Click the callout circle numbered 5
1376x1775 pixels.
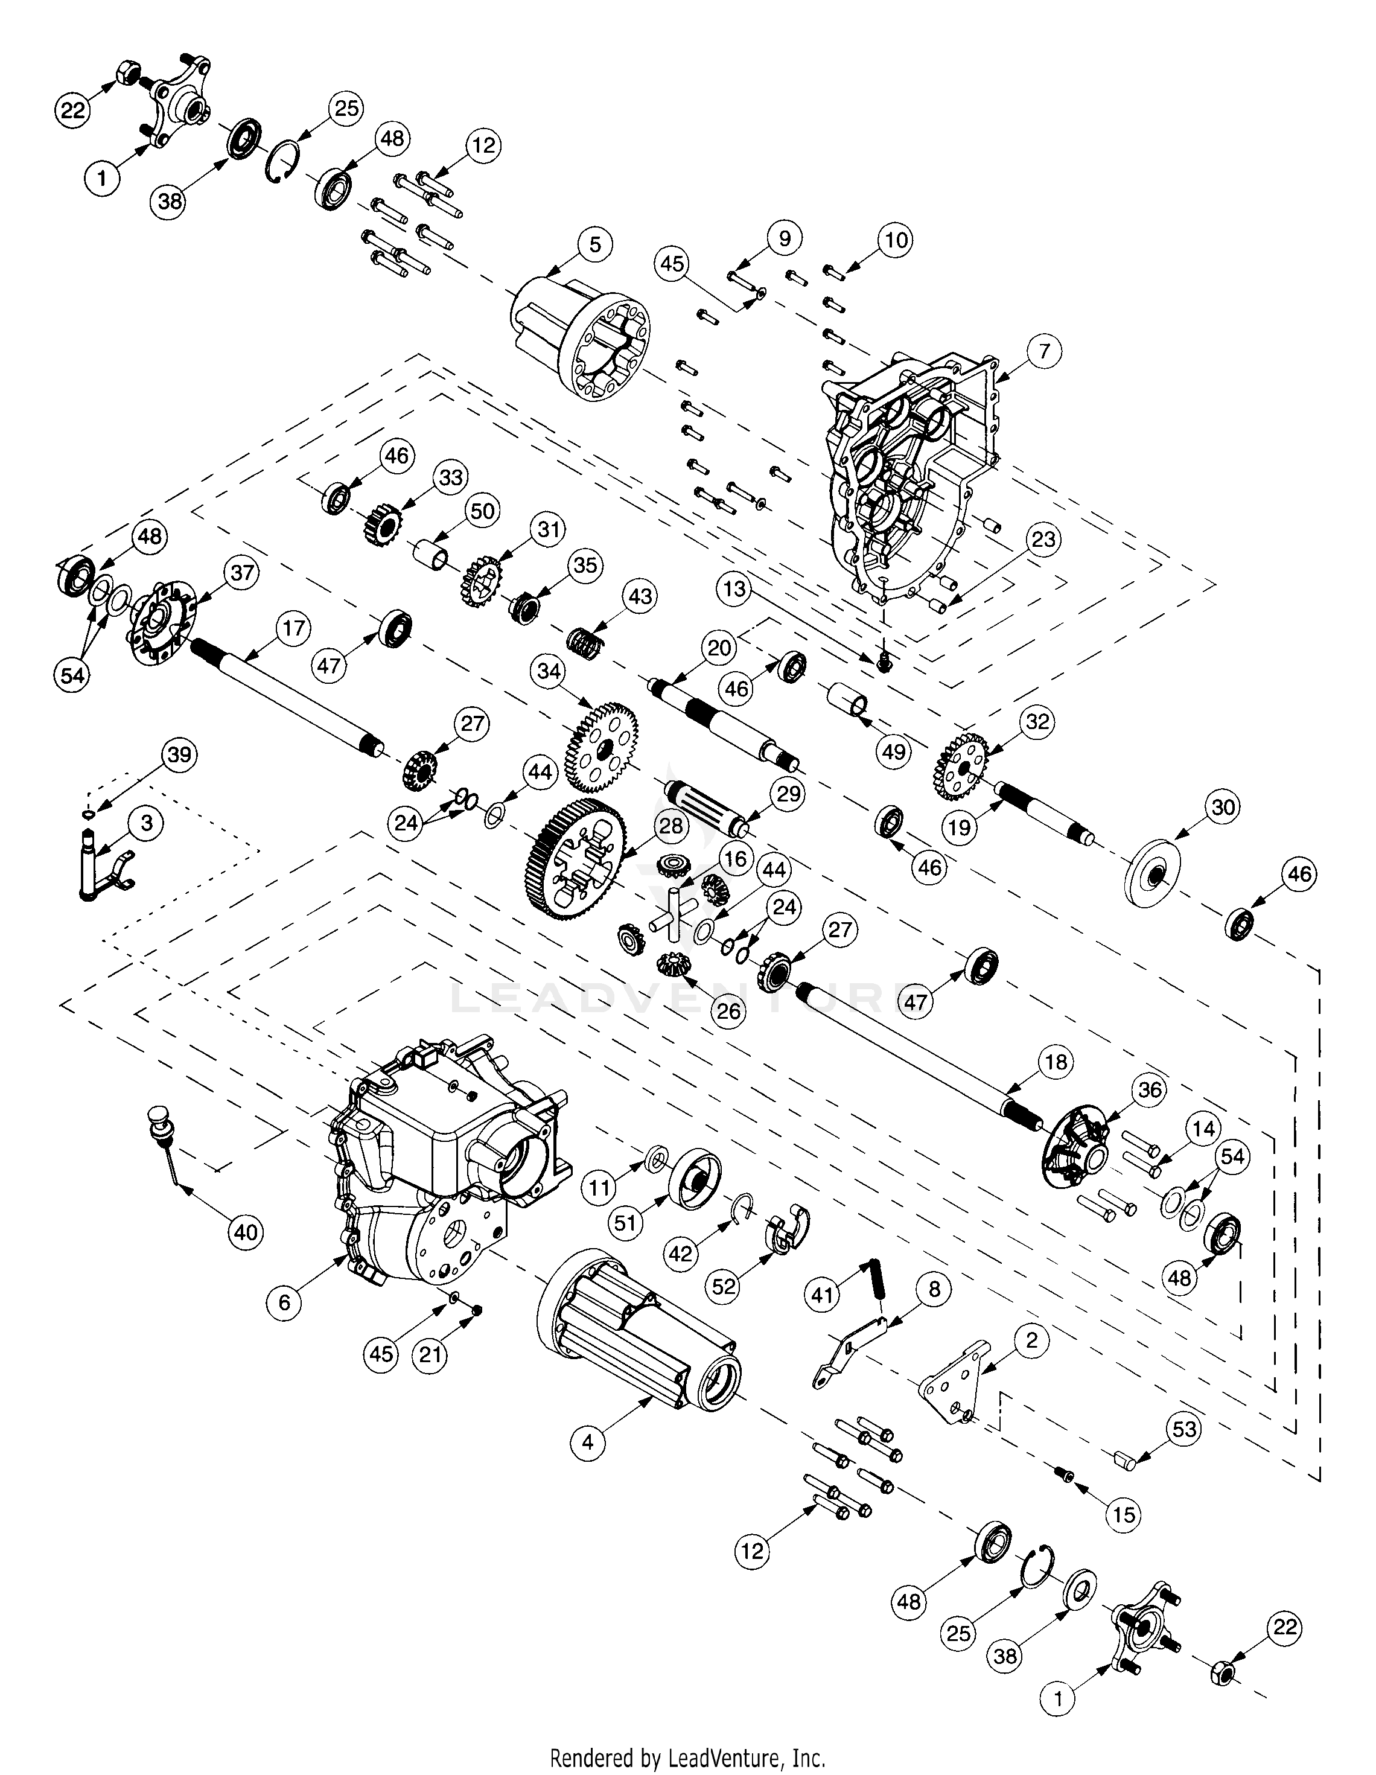pos(595,244)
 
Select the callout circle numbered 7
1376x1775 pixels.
pos(1043,352)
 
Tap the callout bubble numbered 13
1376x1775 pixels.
pos(734,588)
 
